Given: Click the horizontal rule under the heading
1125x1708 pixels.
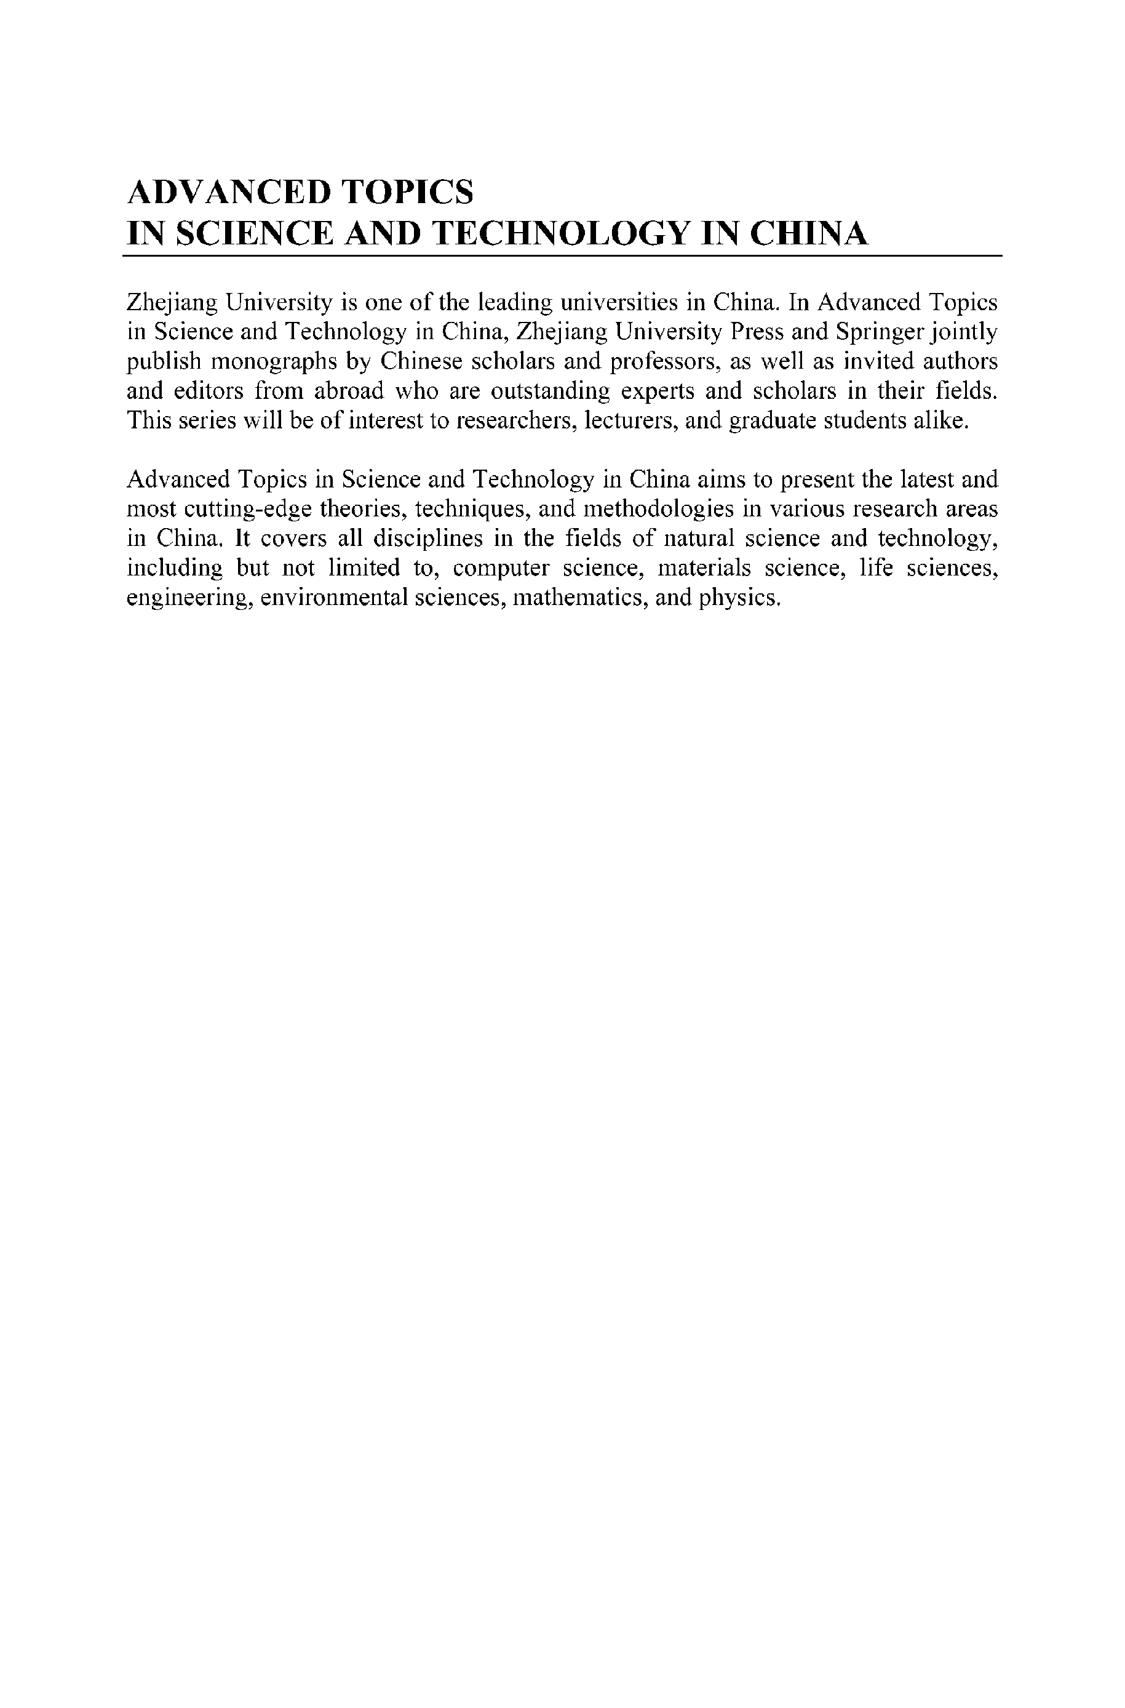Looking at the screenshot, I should click(x=562, y=255).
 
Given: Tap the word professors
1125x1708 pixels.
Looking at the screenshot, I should click(x=664, y=361).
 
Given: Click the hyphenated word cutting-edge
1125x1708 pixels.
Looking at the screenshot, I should click(x=248, y=509).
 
